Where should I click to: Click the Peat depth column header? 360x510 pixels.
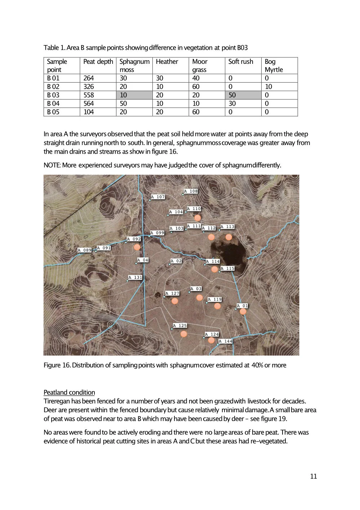tap(98, 62)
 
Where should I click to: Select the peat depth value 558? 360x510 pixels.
tap(89, 95)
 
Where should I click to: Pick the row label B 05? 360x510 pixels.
tap(53, 112)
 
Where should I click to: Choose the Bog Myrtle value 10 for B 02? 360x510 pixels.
tap(268, 87)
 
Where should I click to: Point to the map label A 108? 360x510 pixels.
tap(191, 191)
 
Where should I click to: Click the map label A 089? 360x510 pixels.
tap(85, 250)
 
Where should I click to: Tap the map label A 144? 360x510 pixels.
tap(226, 341)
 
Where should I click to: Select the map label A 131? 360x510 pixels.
tap(135, 277)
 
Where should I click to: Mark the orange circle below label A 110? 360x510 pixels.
tap(197, 218)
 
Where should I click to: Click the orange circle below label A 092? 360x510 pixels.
tap(137, 247)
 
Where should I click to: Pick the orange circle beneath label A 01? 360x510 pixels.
tap(243, 311)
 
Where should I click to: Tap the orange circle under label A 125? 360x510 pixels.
tap(184, 334)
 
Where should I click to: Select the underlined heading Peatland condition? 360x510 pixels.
tap(69, 392)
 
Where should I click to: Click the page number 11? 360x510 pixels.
tap(314, 476)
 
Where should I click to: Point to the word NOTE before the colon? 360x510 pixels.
tap(52, 165)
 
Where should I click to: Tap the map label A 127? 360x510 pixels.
tap(173, 293)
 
